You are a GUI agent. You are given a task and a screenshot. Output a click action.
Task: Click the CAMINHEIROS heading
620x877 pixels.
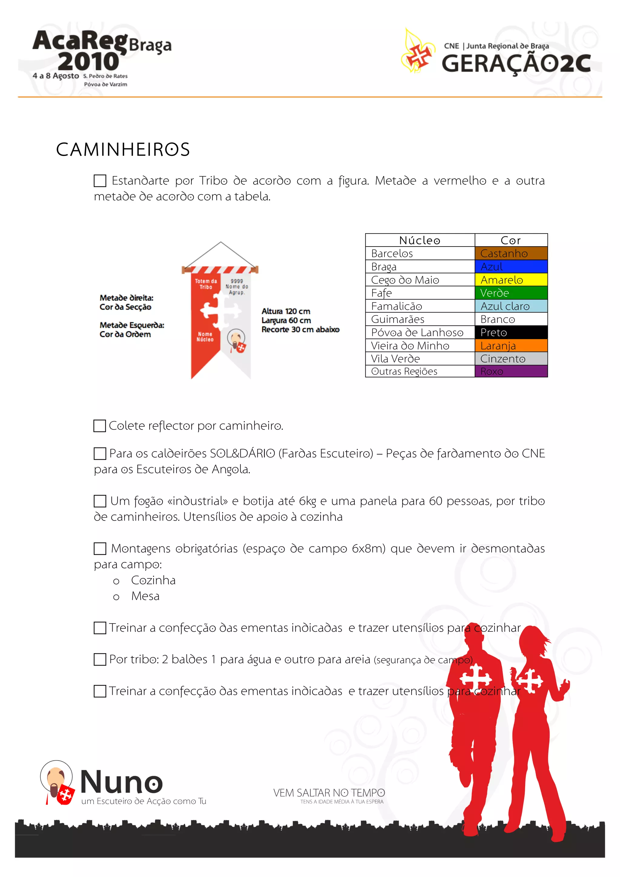pyautogui.click(x=123, y=149)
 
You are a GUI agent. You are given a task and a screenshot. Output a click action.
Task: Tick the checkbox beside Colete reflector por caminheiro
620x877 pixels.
pyautogui.click(x=100, y=425)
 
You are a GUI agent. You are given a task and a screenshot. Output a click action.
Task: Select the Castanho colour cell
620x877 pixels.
pyautogui.click(x=511, y=253)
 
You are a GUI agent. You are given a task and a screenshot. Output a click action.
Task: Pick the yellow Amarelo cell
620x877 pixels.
pyautogui.click(x=511, y=280)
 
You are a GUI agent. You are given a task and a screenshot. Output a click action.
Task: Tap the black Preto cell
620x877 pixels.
pyautogui.click(x=511, y=332)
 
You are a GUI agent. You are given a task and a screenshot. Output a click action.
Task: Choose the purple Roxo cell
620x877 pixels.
pyautogui.click(x=511, y=371)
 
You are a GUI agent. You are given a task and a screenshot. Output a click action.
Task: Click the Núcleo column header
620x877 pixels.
pyautogui.click(x=420, y=240)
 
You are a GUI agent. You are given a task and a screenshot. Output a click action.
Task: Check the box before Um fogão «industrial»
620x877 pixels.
pyautogui.click(x=100, y=501)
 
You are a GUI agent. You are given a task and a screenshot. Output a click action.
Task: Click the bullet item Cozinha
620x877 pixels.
pyautogui.click(x=153, y=580)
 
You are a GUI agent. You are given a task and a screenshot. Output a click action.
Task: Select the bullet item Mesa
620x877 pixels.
pyautogui.click(x=145, y=596)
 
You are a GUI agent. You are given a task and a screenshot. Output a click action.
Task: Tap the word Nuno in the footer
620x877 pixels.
pyautogui.click(x=121, y=782)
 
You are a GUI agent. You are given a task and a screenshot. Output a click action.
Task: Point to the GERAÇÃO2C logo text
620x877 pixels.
pyautogui.click(x=516, y=63)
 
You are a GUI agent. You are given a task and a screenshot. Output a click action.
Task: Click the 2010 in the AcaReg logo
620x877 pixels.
pyautogui.click(x=89, y=61)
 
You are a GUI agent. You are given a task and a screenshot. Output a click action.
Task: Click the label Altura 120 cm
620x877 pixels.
pyautogui.click(x=285, y=311)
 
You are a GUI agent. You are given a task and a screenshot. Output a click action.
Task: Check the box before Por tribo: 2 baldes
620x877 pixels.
pyautogui.click(x=100, y=659)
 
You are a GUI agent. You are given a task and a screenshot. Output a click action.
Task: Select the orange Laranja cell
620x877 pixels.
pyautogui.click(x=511, y=346)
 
